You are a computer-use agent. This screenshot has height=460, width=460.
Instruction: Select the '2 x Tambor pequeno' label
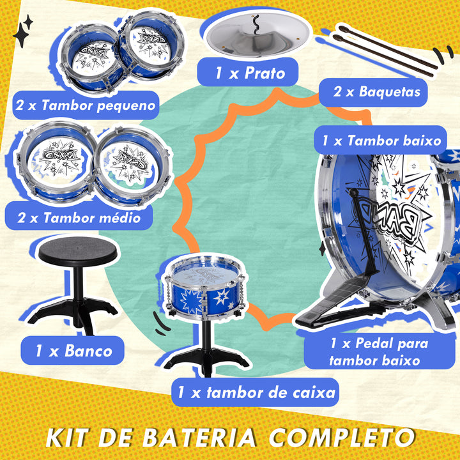[x=86, y=105]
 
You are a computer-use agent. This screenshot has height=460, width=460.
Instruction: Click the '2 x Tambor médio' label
[x=79, y=218]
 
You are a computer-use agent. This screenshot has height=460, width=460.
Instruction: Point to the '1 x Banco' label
[x=74, y=350]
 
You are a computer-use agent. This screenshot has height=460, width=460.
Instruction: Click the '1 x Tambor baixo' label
[x=381, y=141]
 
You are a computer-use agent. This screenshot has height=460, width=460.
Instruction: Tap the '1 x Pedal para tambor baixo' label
[x=379, y=351]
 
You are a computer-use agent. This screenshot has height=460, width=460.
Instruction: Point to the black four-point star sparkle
[x=24, y=32]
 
